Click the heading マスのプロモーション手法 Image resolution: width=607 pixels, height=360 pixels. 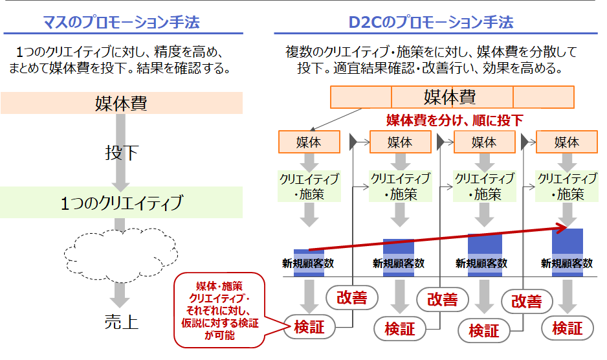(x=122, y=23)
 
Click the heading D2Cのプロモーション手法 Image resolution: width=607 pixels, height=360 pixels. (x=432, y=23)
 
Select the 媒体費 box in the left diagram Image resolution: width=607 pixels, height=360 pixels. (x=122, y=103)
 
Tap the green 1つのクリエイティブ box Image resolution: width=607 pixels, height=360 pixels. (x=122, y=203)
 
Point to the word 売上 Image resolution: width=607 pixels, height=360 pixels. (x=122, y=322)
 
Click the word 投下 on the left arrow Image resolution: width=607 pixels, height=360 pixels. (x=122, y=153)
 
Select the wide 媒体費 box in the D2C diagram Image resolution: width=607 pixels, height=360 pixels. (x=452, y=97)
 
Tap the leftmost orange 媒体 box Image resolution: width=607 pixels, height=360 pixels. (x=309, y=142)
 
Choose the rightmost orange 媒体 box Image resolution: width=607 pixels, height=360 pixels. (x=567, y=142)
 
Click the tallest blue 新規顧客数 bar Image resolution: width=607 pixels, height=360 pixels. (x=568, y=249)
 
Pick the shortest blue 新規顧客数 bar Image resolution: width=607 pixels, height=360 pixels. (x=309, y=262)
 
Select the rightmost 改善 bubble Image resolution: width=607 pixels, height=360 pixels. (x=526, y=302)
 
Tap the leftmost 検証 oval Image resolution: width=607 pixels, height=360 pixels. (x=309, y=326)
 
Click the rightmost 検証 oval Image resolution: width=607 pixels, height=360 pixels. (x=568, y=328)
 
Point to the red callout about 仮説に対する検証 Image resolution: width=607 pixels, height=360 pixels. (x=220, y=309)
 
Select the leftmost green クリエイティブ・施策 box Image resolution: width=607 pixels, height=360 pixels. (x=309, y=186)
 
